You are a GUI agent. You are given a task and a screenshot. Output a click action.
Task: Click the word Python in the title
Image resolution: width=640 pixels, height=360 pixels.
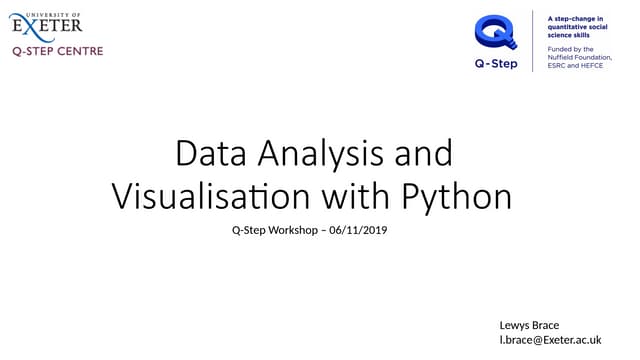(457, 194)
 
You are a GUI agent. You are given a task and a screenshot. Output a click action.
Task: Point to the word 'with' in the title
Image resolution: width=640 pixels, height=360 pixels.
(358, 194)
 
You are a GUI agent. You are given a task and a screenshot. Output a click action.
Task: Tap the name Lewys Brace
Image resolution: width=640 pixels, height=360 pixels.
(529, 325)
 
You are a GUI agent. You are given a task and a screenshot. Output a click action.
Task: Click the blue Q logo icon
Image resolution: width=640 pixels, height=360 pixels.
(496, 31)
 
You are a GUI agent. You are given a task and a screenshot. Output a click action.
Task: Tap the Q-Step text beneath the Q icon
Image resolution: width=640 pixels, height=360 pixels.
(496, 62)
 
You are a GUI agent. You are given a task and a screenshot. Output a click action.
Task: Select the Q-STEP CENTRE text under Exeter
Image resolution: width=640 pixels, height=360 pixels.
(57, 50)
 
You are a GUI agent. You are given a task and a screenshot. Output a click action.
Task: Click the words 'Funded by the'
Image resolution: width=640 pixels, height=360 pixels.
(570, 48)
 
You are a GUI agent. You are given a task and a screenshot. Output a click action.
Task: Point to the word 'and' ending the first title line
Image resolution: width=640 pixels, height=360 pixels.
(425, 154)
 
